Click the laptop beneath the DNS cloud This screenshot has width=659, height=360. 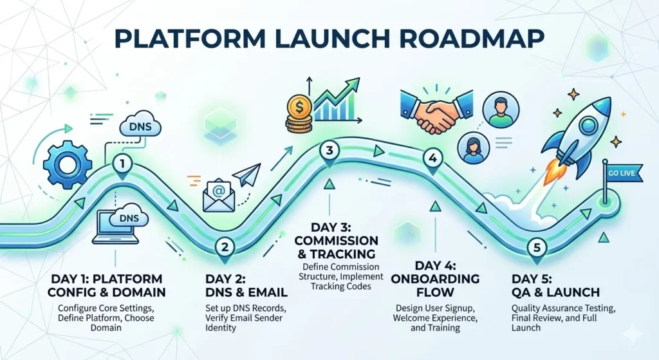(x=116, y=226)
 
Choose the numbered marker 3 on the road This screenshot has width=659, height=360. (x=329, y=151)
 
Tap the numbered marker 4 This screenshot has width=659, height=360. (x=432, y=158)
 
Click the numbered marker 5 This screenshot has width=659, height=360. (x=535, y=247)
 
